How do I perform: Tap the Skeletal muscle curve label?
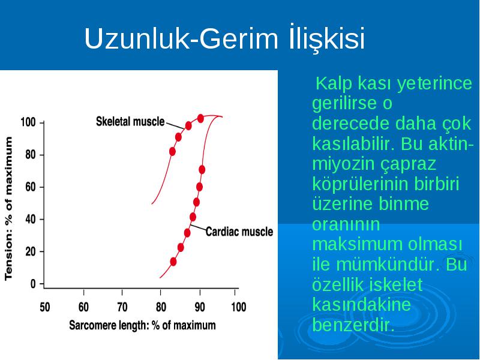tap(130, 122)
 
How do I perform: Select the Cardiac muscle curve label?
tap(239, 232)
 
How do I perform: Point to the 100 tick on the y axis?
tap(28, 122)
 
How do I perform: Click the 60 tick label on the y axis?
tap(31, 187)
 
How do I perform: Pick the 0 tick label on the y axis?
tap(33, 284)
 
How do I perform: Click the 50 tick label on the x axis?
tap(44, 307)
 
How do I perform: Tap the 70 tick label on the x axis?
tap(122, 307)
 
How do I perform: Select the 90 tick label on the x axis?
tap(200, 307)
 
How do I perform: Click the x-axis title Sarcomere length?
tap(142, 325)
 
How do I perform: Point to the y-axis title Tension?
tap(8, 208)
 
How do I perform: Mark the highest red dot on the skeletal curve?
tap(200, 118)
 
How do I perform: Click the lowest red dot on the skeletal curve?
tap(172, 152)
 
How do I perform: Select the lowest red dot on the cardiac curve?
tap(173, 262)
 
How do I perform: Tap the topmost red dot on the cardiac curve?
tap(202, 170)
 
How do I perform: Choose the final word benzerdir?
tap(353, 325)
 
